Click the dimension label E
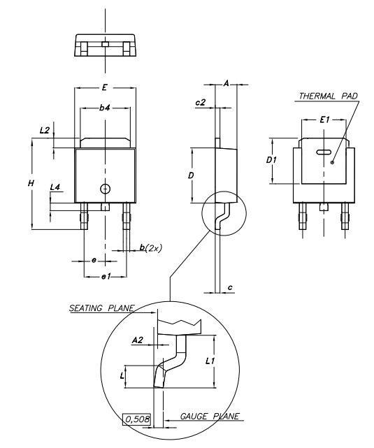click(x=105, y=87)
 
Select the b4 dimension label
click(x=105, y=108)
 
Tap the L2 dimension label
click(x=45, y=130)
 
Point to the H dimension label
click(x=31, y=183)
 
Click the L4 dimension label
click(x=55, y=187)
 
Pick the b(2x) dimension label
click(x=150, y=247)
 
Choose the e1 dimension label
click(x=106, y=276)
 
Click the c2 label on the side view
click(x=201, y=102)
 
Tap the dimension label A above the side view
click(x=226, y=83)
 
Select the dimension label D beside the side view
click(x=191, y=175)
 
